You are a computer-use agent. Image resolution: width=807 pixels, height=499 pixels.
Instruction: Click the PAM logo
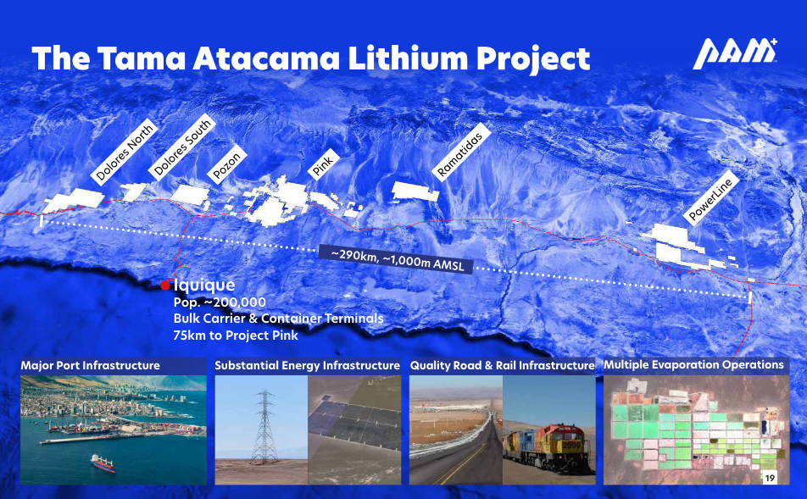734,53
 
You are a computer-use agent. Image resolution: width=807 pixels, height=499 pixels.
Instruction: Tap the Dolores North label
125,152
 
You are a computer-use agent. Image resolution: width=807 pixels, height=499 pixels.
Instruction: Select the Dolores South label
182,147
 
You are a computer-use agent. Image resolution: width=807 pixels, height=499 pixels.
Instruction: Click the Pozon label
226,165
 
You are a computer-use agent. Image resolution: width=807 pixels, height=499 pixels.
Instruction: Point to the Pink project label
324,164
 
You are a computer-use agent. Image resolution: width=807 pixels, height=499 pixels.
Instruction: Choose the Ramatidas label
459,153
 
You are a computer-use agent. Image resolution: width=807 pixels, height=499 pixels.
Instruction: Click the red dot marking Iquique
165,286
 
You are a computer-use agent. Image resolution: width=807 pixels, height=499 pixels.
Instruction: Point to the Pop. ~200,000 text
220,302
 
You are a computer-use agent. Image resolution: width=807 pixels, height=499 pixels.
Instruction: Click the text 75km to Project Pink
236,335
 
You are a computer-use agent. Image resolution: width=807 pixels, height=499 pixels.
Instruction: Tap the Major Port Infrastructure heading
91,366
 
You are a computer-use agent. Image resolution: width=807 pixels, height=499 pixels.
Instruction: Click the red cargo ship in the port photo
103,463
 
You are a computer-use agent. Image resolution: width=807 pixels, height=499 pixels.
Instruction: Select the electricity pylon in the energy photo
264,427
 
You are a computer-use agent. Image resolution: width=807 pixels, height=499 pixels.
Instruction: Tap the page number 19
770,478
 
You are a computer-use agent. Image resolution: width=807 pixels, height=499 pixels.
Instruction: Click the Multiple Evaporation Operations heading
693,365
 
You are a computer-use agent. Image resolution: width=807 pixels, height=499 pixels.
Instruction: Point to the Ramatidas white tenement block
415,191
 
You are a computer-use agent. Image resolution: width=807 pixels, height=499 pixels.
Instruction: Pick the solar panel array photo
354,430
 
